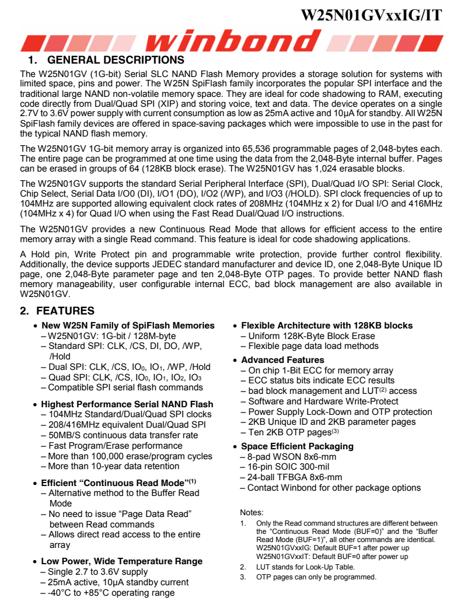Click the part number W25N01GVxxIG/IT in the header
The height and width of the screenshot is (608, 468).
[371, 15]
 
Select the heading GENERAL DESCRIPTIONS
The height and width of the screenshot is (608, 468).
[115, 60]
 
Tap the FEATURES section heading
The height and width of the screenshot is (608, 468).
[65, 311]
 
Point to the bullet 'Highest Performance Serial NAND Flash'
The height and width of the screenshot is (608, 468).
[127, 404]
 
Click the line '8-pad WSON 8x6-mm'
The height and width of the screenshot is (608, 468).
[292, 457]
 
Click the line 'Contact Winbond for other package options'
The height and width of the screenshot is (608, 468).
[334, 488]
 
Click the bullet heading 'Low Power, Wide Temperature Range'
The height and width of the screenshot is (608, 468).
[121, 561]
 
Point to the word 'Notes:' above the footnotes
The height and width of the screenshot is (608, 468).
[252, 512]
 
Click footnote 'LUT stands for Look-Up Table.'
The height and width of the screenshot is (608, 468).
[305, 567]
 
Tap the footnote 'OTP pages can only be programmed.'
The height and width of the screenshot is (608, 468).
[316, 577]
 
